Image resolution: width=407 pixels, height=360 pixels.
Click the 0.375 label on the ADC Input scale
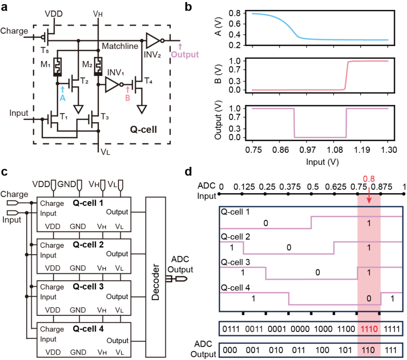pos(288,186)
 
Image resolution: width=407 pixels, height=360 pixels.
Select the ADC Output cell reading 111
pos(392,349)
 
